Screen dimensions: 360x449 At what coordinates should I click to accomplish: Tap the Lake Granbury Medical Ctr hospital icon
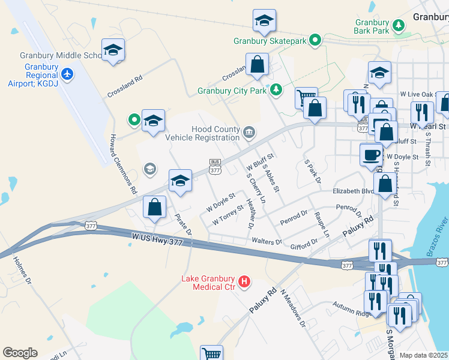coord(244,281)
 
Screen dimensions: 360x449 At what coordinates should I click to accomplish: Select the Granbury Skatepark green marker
coord(315,41)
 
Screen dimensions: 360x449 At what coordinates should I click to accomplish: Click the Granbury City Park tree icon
coord(276,91)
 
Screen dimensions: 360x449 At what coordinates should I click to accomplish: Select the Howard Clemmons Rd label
coord(122,163)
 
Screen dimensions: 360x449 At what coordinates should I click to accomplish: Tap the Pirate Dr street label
coord(182,223)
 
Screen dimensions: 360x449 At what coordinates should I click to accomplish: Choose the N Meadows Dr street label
coord(294,308)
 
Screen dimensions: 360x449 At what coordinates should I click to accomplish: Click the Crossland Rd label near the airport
coord(125,87)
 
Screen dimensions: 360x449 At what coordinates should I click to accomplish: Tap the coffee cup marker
coord(371,154)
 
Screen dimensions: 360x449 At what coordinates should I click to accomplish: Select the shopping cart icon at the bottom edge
coord(211,353)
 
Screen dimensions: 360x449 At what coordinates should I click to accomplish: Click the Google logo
coord(20,353)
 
